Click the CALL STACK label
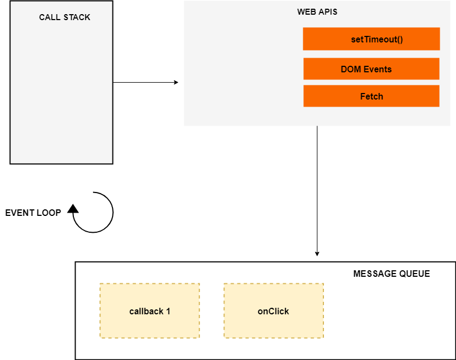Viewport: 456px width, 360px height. click(65, 17)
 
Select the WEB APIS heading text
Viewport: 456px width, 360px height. click(317, 12)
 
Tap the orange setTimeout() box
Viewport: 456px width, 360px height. click(371, 39)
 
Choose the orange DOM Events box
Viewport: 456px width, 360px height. click(371, 69)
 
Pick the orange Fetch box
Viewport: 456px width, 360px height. click(371, 96)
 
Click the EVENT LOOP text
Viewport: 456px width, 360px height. click(33, 213)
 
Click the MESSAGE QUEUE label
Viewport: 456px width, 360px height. click(391, 274)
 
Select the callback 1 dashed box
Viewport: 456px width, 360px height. click(149, 311)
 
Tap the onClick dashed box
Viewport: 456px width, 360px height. click(273, 311)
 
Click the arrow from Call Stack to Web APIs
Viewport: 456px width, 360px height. click(144, 83)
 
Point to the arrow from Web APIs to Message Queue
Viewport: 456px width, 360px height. click(317, 190)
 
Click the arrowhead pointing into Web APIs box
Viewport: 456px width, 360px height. click(176, 83)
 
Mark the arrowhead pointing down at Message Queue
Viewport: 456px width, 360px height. click(317, 253)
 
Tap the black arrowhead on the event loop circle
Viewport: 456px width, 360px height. click(73, 208)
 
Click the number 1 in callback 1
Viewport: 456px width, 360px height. click(168, 311)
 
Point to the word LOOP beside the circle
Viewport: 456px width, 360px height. click(49, 213)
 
